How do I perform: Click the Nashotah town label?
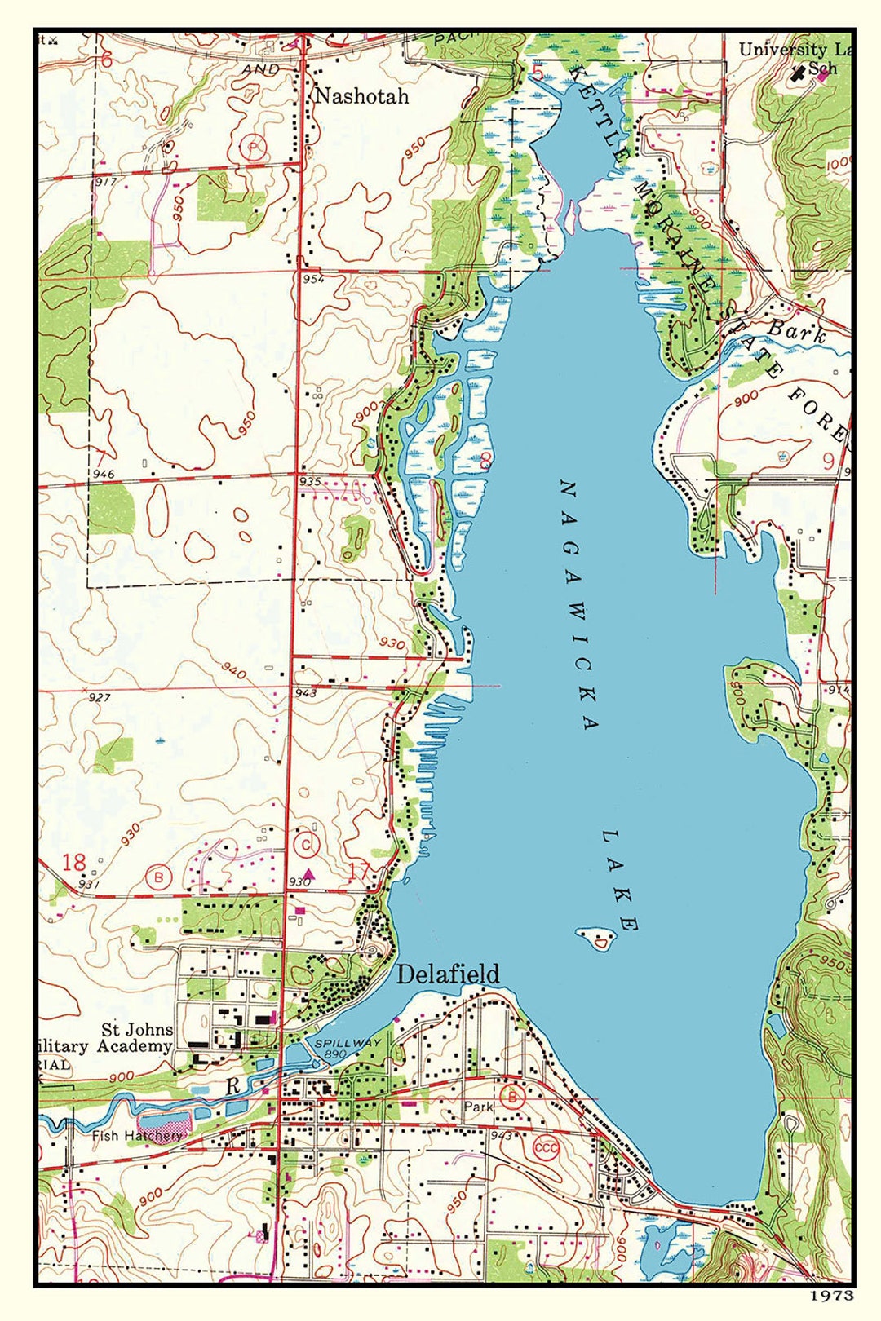click(361, 96)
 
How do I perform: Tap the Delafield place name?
click(448, 974)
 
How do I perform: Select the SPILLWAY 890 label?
click(336, 1048)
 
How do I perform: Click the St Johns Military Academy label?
click(122, 1038)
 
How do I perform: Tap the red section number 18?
click(73, 862)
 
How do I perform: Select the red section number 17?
click(359, 870)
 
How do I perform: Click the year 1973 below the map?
click(831, 1294)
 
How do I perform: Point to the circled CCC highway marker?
click(546, 1147)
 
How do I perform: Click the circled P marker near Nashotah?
click(255, 148)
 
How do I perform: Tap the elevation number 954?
click(312, 279)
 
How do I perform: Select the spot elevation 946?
click(104, 474)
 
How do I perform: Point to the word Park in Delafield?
click(479, 1107)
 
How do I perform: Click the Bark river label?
click(797, 331)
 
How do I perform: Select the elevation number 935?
click(310, 481)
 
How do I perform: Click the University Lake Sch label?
click(795, 59)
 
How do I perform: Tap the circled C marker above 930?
click(306, 845)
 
